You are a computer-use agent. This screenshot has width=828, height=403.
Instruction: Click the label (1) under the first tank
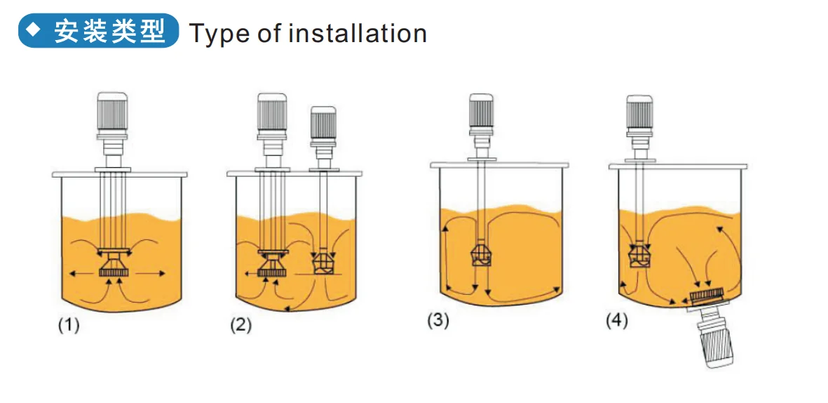[x=68, y=326]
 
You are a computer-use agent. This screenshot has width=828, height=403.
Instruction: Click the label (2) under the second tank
[x=240, y=326]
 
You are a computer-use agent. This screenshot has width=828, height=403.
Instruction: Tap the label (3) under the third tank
[x=438, y=321]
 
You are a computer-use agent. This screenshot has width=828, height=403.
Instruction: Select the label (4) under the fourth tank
[x=617, y=321]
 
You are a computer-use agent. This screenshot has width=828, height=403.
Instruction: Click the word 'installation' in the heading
[x=358, y=34]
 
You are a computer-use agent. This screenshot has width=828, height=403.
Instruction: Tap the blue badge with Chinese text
[x=98, y=31]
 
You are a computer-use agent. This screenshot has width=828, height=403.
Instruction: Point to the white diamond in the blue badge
[x=34, y=31]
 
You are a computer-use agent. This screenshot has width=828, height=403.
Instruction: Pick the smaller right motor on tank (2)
[x=323, y=126]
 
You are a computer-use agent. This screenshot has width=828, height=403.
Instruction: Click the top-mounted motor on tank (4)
[x=639, y=112]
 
